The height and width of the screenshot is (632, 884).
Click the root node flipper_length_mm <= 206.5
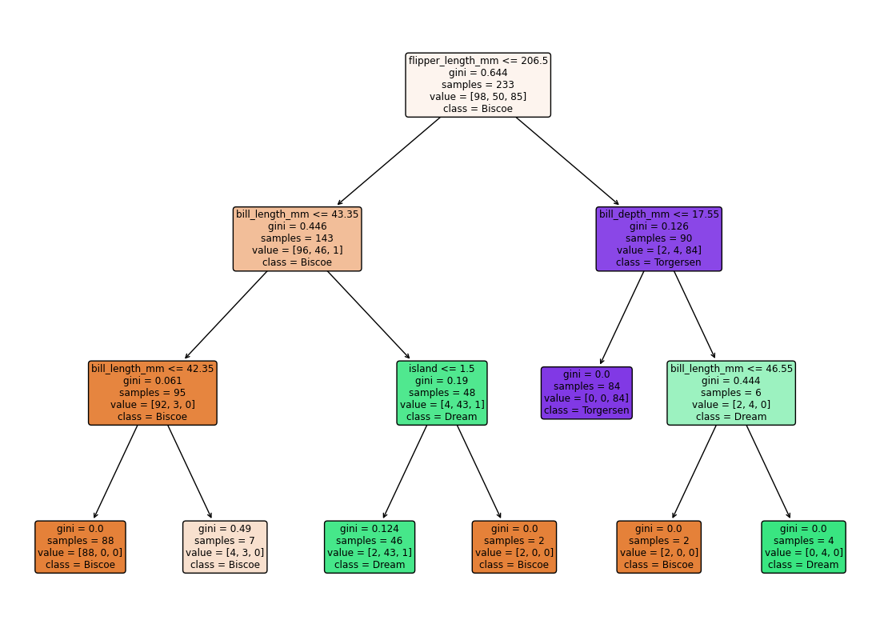pyautogui.click(x=478, y=85)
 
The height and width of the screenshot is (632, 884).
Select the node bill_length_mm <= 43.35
pyautogui.click(x=297, y=238)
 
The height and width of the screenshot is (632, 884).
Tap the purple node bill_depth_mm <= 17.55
pyautogui.click(x=659, y=238)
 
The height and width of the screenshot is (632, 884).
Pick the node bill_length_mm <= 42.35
pyautogui.click(x=152, y=392)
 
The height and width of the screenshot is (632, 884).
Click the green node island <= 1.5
pyautogui.click(x=442, y=392)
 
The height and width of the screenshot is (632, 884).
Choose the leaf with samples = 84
pyautogui.click(x=586, y=392)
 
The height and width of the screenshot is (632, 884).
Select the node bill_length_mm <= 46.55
pyautogui.click(x=731, y=392)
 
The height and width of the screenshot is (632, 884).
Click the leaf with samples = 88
pyautogui.click(x=80, y=546)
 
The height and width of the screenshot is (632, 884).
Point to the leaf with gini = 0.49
pyautogui.click(x=225, y=546)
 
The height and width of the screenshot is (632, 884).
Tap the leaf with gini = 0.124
pyautogui.click(x=370, y=546)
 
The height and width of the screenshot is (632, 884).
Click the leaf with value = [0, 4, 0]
pyautogui.click(x=803, y=546)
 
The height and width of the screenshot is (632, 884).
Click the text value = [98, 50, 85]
pyautogui.click(x=478, y=96)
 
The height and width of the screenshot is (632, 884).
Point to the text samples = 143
pyautogui.click(x=297, y=238)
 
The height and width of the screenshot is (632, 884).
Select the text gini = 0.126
pyautogui.click(x=659, y=226)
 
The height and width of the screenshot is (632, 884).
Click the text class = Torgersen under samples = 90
pyautogui.click(x=659, y=262)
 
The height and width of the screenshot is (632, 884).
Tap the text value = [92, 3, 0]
pyautogui.click(x=152, y=404)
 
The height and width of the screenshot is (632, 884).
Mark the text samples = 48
pyautogui.click(x=442, y=392)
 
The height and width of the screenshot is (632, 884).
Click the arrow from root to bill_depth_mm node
pyautogui.click(x=567, y=161)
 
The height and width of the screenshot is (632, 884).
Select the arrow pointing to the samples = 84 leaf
pyautogui.click(x=622, y=318)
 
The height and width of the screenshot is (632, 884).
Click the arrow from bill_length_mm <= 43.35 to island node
pyautogui.click(x=369, y=315)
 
